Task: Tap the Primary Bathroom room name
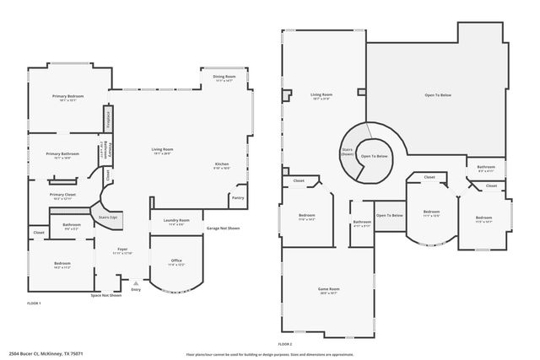point(62,154)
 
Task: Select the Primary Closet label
point(62,195)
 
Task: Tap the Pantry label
point(238,198)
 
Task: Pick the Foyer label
point(121,250)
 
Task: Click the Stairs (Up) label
point(107,217)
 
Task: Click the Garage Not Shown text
point(224,228)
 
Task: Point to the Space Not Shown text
point(106,295)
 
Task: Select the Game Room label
point(327,291)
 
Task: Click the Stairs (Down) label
point(347,153)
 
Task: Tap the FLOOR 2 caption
point(284,344)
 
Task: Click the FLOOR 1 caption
point(34,303)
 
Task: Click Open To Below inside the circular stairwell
point(375,157)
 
